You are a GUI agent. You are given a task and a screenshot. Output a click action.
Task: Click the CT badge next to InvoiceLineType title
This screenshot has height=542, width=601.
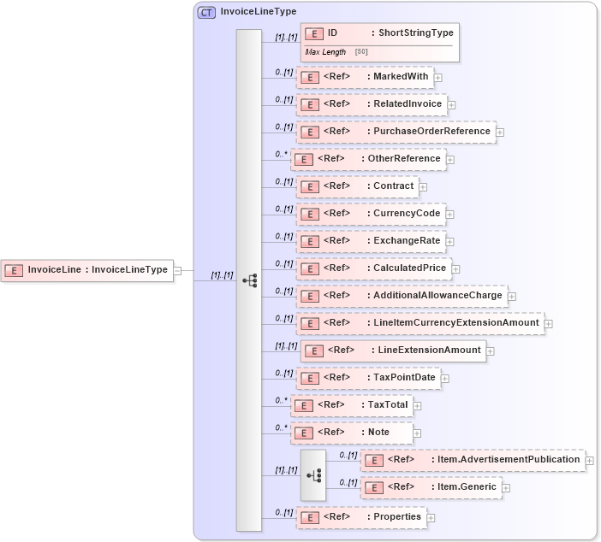(x=206, y=13)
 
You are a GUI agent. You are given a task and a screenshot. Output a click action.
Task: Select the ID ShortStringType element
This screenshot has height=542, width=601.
(x=379, y=33)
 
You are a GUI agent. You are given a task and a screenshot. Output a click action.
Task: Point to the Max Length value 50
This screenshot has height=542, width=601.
(x=361, y=52)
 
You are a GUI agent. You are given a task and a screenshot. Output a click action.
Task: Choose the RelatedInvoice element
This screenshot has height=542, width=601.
(x=371, y=104)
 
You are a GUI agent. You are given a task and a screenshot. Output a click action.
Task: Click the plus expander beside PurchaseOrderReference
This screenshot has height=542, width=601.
(x=500, y=133)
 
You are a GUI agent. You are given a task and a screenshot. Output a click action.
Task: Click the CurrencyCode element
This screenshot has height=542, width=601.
(x=370, y=214)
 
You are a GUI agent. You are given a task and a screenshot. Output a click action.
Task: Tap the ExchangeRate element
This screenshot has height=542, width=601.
(x=370, y=241)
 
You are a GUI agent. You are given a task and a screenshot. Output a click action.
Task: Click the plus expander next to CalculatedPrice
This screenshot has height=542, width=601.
(x=455, y=269)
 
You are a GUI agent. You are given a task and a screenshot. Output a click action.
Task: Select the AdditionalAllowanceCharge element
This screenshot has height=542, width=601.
(x=401, y=296)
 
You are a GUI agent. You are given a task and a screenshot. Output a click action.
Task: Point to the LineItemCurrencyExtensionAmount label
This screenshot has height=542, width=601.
(x=456, y=323)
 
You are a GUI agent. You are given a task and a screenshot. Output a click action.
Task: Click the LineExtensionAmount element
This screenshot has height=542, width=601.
(x=393, y=351)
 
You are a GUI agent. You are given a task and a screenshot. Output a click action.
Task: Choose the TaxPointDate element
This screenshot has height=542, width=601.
(x=367, y=378)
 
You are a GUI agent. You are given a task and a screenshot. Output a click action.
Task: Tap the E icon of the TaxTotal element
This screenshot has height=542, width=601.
(x=303, y=405)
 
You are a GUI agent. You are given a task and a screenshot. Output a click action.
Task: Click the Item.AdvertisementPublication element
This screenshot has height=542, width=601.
(x=472, y=460)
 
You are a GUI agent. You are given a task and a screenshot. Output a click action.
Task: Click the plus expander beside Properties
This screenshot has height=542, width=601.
(x=431, y=517)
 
